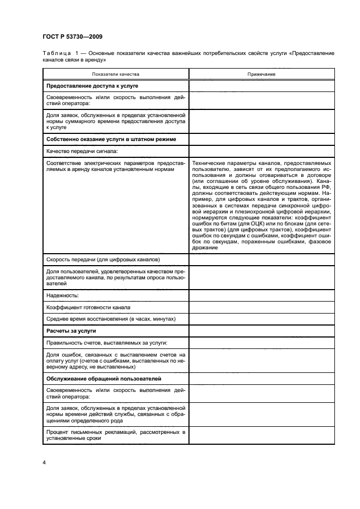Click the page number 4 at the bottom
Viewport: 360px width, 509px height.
click(x=45, y=463)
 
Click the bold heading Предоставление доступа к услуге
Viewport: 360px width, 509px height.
click(x=92, y=86)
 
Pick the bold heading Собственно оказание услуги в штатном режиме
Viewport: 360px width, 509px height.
click(x=111, y=140)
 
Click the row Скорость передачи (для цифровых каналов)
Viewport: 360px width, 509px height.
click(x=103, y=259)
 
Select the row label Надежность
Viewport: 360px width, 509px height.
click(x=63, y=295)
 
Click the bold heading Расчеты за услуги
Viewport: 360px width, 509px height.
click(x=71, y=330)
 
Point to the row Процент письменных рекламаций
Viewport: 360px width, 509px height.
click(x=115, y=435)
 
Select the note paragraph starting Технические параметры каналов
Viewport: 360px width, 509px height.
click(x=261, y=205)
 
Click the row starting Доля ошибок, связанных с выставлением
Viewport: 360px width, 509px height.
click(x=115, y=360)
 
